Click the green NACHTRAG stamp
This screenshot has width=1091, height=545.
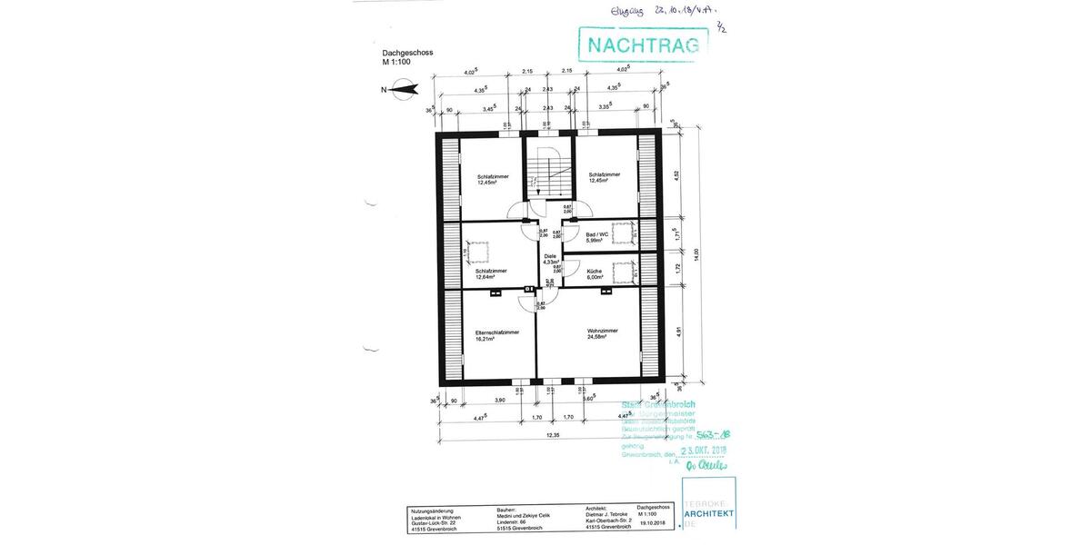644,44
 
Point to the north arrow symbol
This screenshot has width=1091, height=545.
401,89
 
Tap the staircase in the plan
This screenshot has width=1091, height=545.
548,173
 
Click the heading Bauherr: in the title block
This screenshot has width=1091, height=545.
507,510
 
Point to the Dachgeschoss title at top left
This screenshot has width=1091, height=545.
407,54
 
